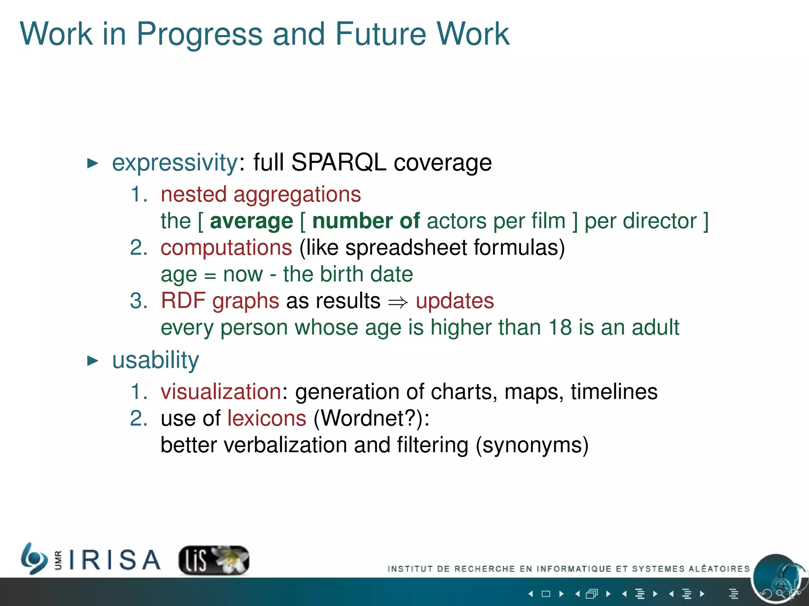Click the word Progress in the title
(199, 35)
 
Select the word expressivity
(175, 163)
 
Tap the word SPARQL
(339, 163)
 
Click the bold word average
(251, 221)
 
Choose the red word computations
(226, 248)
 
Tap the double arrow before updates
(397, 302)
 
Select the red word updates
(455, 301)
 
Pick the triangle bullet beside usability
(92, 361)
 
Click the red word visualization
(221, 392)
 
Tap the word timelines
(614, 392)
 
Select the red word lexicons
(267, 418)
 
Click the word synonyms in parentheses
(532, 445)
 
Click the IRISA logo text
(115, 560)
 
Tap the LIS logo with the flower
(214, 560)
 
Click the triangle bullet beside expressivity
(92, 163)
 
